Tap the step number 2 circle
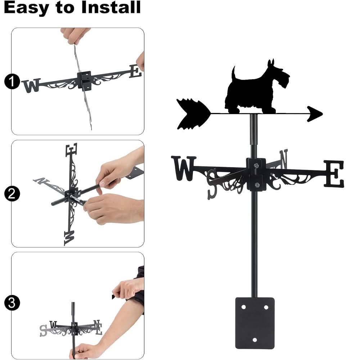tap(12, 194)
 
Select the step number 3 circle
tap(12, 303)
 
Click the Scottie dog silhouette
tap(257, 90)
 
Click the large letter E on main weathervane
tap(334, 174)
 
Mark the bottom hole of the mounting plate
tap(255, 340)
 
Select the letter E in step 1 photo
tap(135, 71)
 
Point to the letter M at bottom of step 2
tap(69, 237)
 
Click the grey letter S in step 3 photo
tap(44, 330)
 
